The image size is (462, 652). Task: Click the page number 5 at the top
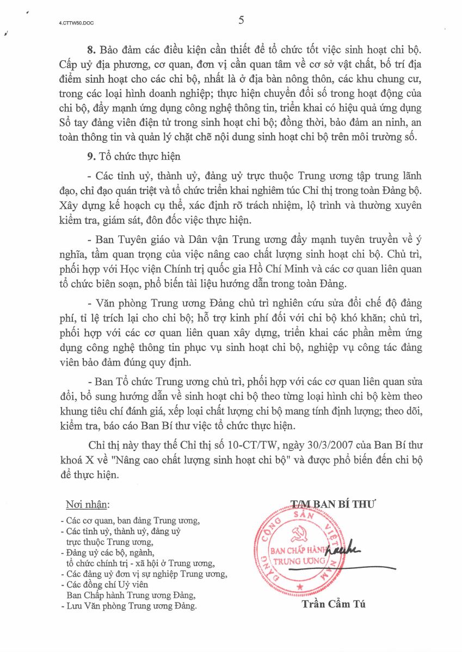[x=241, y=21]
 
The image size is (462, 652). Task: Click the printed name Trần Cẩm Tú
[x=335, y=604]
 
